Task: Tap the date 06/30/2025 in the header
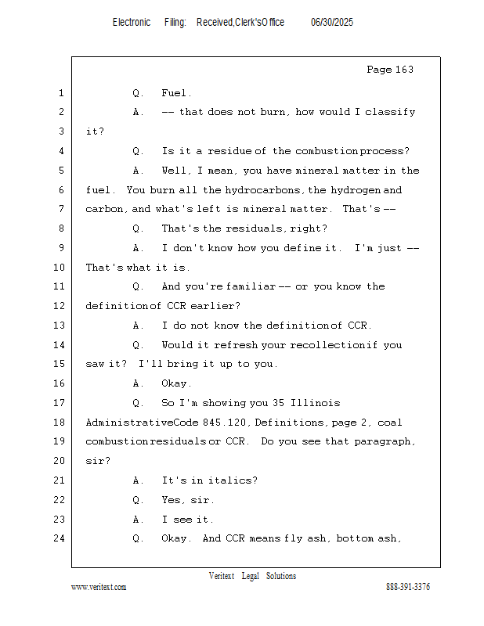pyautogui.click(x=332, y=23)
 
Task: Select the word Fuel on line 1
pyautogui.click(x=175, y=93)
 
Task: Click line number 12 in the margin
pyautogui.click(x=60, y=306)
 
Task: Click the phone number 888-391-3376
pyautogui.click(x=408, y=587)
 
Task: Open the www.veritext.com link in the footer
pyautogui.click(x=99, y=587)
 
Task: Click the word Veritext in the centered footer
pyautogui.click(x=222, y=576)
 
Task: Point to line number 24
pyautogui.click(x=60, y=538)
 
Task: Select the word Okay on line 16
pyautogui.click(x=175, y=383)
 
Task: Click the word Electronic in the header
pyautogui.click(x=132, y=23)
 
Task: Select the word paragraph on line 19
pyautogui.click(x=385, y=441)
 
